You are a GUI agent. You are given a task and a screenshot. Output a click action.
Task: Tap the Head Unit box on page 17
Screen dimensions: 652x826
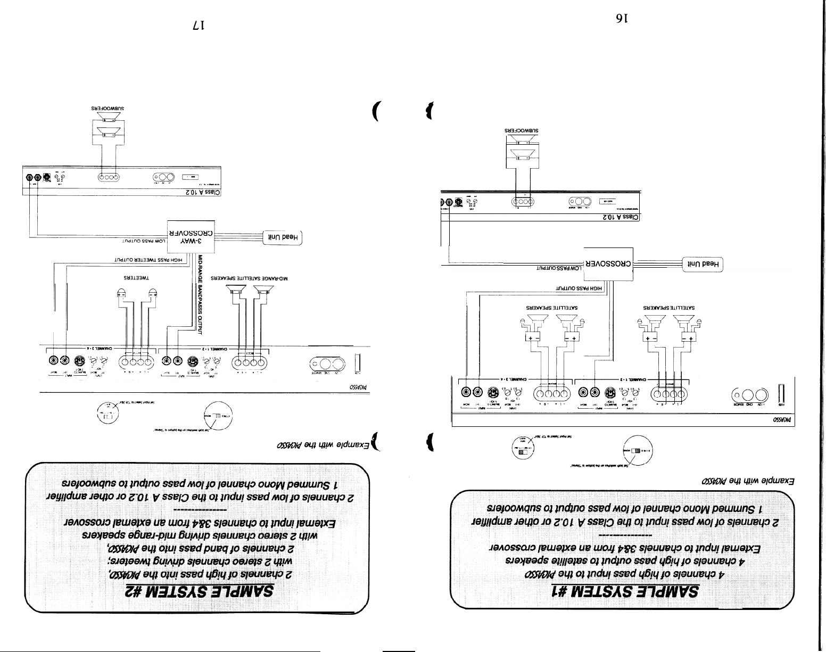(x=284, y=237)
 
